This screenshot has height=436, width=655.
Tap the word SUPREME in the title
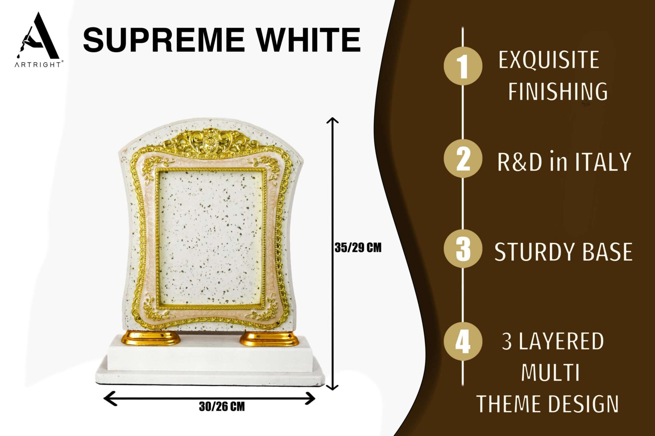pyautogui.click(x=164, y=40)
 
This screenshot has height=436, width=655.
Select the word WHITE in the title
pyautogui.click(x=309, y=40)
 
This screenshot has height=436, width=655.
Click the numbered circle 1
pyautogui.click(x=463, y=66)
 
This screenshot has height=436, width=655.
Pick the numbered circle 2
pyautogui.click(x=463, y=159)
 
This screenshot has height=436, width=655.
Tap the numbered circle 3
pyautogui.click(x=463, y=249)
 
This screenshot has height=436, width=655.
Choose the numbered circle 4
pyautogui.click(x=463, y=341)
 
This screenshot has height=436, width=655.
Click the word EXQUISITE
pyautogui.click(x=549, y=60)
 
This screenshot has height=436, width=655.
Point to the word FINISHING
pyautogui.click(x=558, y=91)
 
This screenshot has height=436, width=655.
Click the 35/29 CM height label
pyautogui.click(x=358, y=248)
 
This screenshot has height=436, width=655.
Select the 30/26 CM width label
pyautogui.click(x=222, y=406)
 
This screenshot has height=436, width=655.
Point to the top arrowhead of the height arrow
pyautogui.click(x=332, y=120)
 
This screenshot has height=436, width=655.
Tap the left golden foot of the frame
pyautogui.click(x=150, y=338)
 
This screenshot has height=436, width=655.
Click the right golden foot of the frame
pyautogui.click(x=270, y=339)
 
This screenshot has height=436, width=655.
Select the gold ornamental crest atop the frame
pyautogui.click(x=212, y=141)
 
